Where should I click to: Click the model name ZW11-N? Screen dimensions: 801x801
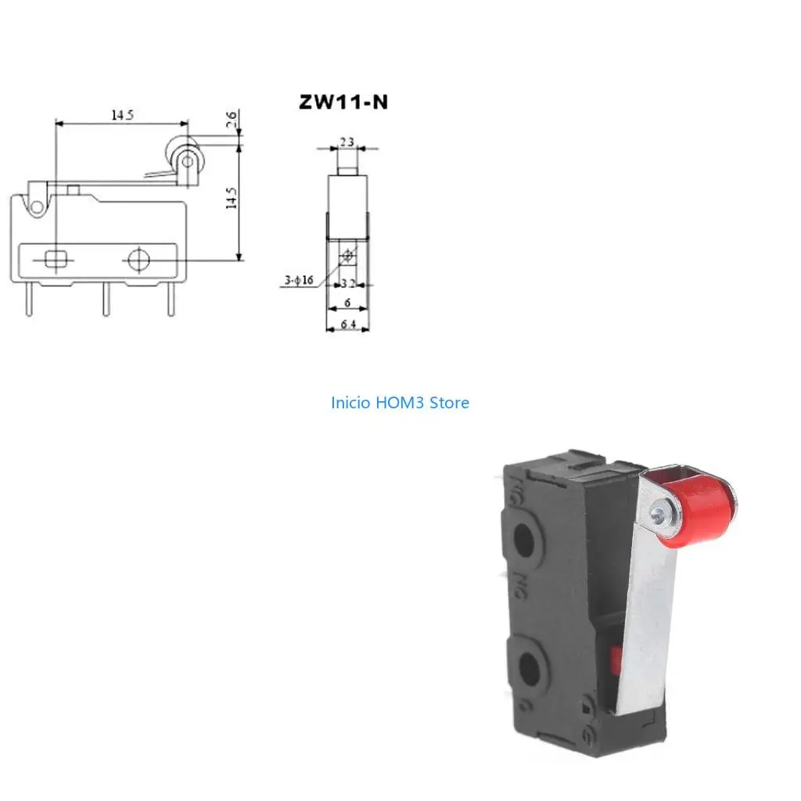coord(343,102)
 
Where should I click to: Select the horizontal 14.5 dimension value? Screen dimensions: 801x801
coord(121,114)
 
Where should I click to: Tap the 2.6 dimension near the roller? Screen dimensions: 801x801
coord(231,120)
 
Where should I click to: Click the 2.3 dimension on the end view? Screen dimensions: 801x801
coord(347,142)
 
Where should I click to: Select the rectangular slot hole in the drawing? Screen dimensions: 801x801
coord(56,259)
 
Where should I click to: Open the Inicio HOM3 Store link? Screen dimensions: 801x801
coord(400,403)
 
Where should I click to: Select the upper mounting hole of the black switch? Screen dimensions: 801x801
coord(525,539)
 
